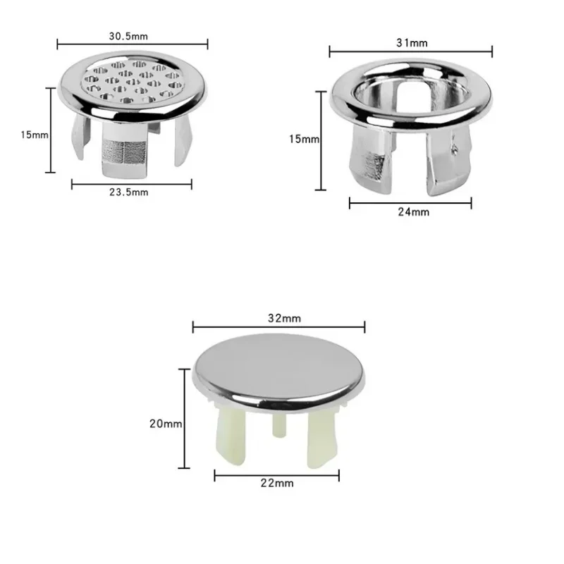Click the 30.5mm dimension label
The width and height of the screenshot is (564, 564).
(128, 37)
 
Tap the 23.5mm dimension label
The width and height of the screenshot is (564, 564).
(129, 192)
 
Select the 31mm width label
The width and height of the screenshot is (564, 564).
(412, 43)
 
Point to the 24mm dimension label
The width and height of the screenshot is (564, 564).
(414, 212)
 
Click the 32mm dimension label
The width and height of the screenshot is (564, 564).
(285, 319)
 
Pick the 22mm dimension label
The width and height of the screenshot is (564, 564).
(277, 483)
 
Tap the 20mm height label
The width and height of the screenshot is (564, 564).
(166, 424)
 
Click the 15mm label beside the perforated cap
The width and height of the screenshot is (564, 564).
(35, 135)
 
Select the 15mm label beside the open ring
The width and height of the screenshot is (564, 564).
(305, 139)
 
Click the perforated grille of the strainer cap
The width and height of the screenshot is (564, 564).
(132, 81)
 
